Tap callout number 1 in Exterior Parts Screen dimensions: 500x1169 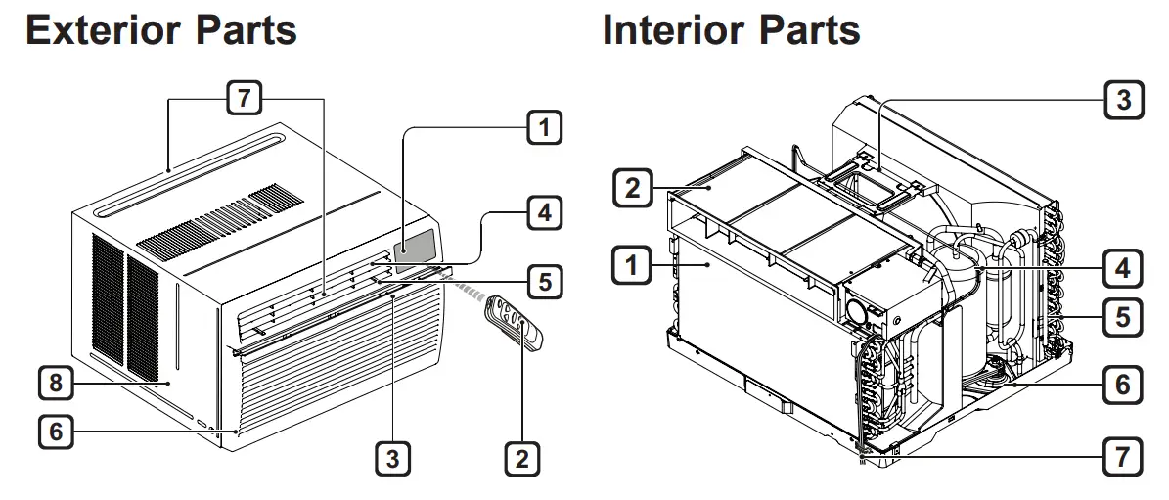(545, 126)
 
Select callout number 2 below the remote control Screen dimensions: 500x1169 (521, 459)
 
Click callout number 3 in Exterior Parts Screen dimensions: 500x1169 (393, 459)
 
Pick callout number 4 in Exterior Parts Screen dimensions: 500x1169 (545, 211)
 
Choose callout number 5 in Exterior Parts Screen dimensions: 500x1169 (545, 282)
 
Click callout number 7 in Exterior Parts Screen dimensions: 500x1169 (245, 98)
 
